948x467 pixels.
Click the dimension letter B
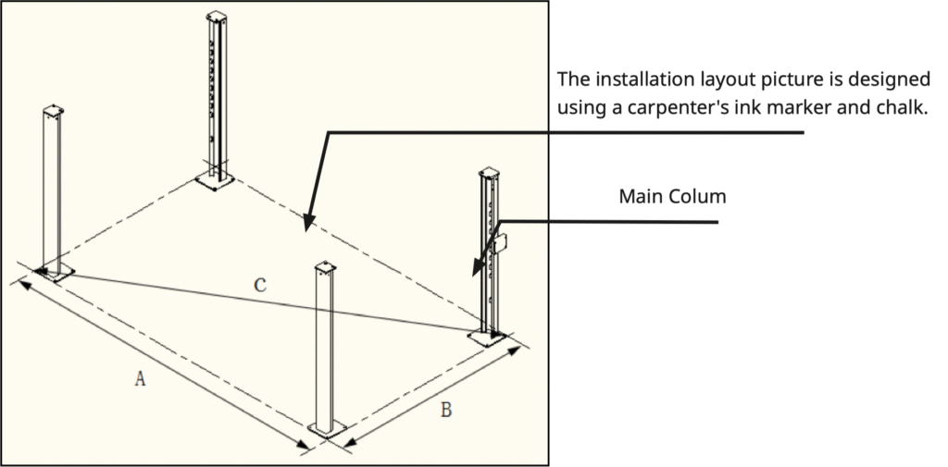pos(445,410)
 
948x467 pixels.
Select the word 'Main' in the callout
pos(639,197)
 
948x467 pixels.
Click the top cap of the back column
pos(217,18)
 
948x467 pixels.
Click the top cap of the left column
pos(53,112)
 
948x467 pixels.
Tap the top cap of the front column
pos(326,268)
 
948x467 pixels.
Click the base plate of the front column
pos(327,429)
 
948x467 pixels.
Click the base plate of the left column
pos(54,272)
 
